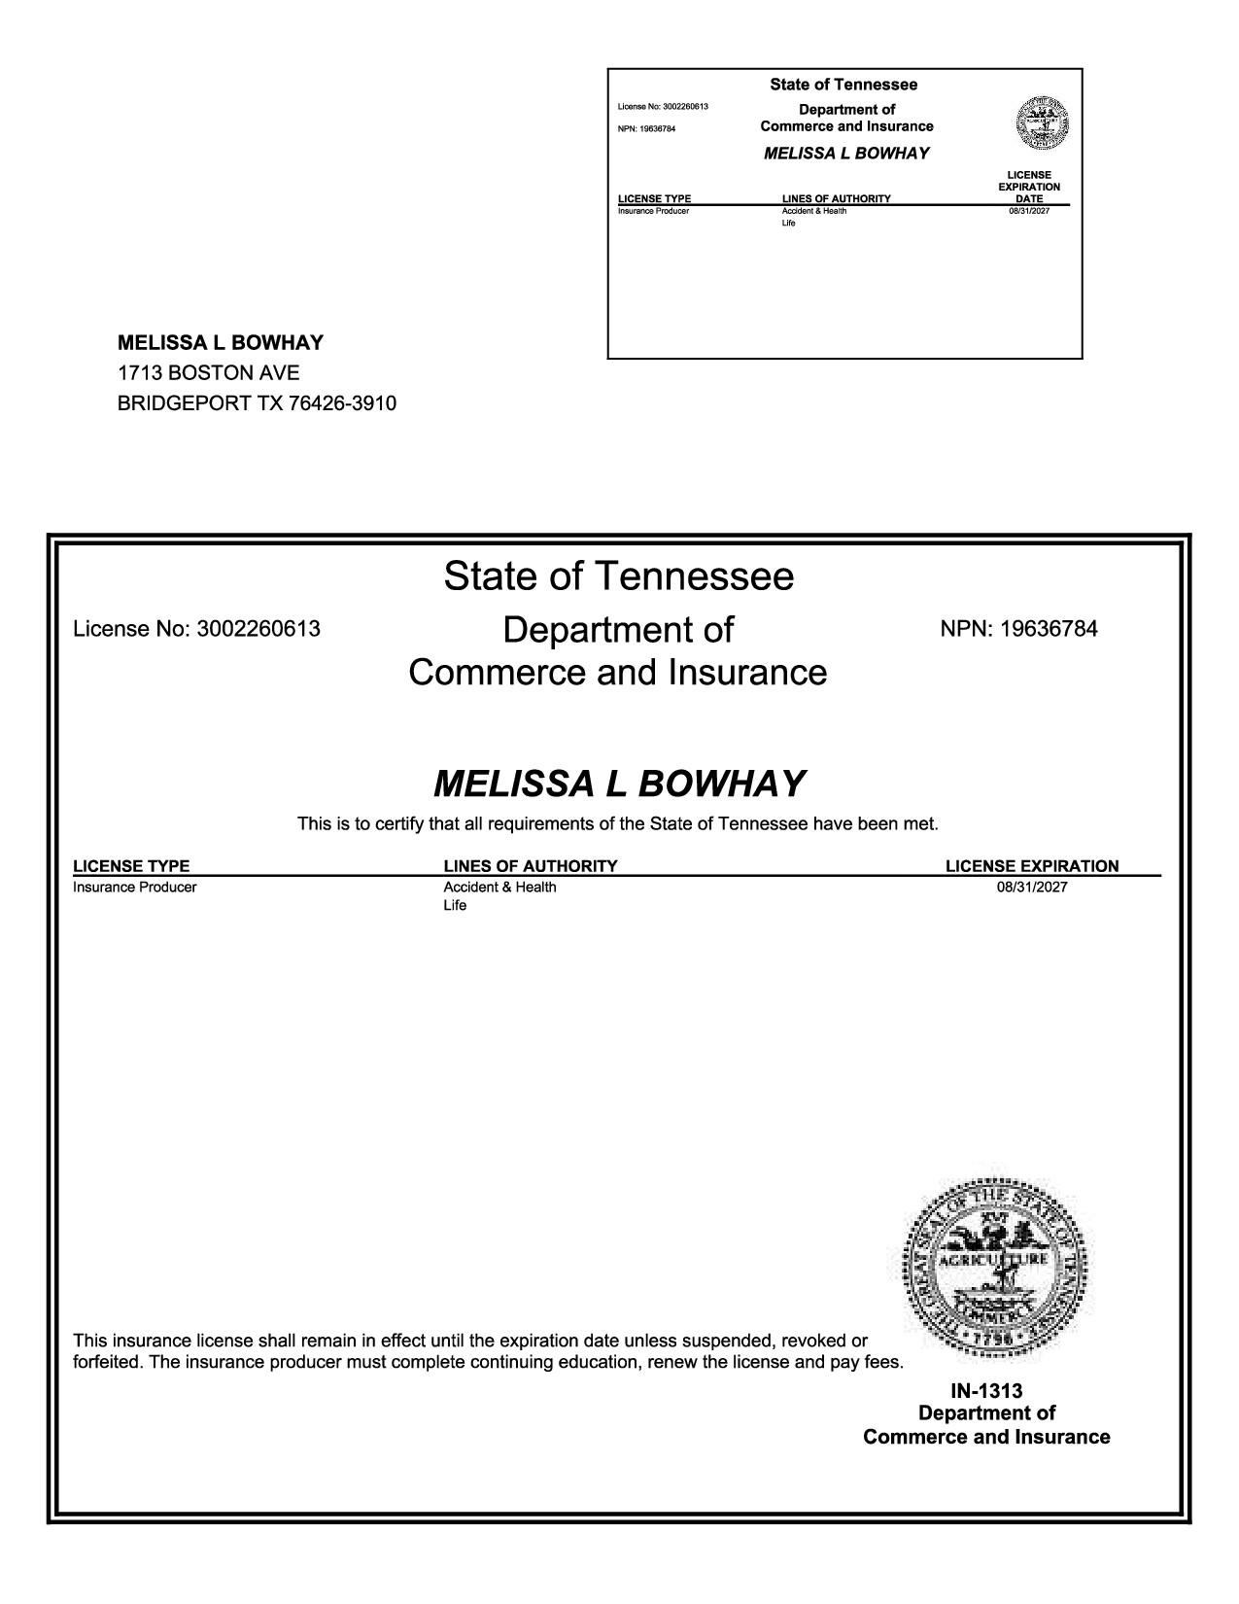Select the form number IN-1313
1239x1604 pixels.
point(986,1391)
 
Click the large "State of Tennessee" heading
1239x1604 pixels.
point(619,576)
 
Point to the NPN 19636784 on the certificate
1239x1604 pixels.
point(1018,629)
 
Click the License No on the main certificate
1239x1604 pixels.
point(196,629)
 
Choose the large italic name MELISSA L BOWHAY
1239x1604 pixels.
point(619,784)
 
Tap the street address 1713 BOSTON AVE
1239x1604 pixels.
point(208,373)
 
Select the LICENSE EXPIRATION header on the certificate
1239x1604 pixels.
point(1032,866)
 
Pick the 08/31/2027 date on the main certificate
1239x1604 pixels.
point(1031,887)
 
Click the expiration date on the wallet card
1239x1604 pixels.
point(1029,211)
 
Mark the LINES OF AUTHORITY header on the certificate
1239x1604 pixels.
point(530,866)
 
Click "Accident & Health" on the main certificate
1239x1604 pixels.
point(499,887)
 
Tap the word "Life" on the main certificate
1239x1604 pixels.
point(455,906)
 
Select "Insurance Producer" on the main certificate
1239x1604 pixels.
point(135,887)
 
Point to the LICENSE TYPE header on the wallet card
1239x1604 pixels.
point(654,199)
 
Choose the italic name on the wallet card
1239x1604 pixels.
point(846,154)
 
